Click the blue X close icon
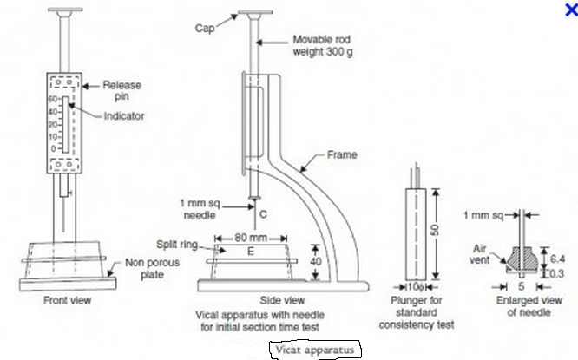tap(569, 10)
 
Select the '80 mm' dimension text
tap(249, 236)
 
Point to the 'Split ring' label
tap(176, 245)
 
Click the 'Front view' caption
tap(67, 300)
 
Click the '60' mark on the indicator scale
tap(52, 100)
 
